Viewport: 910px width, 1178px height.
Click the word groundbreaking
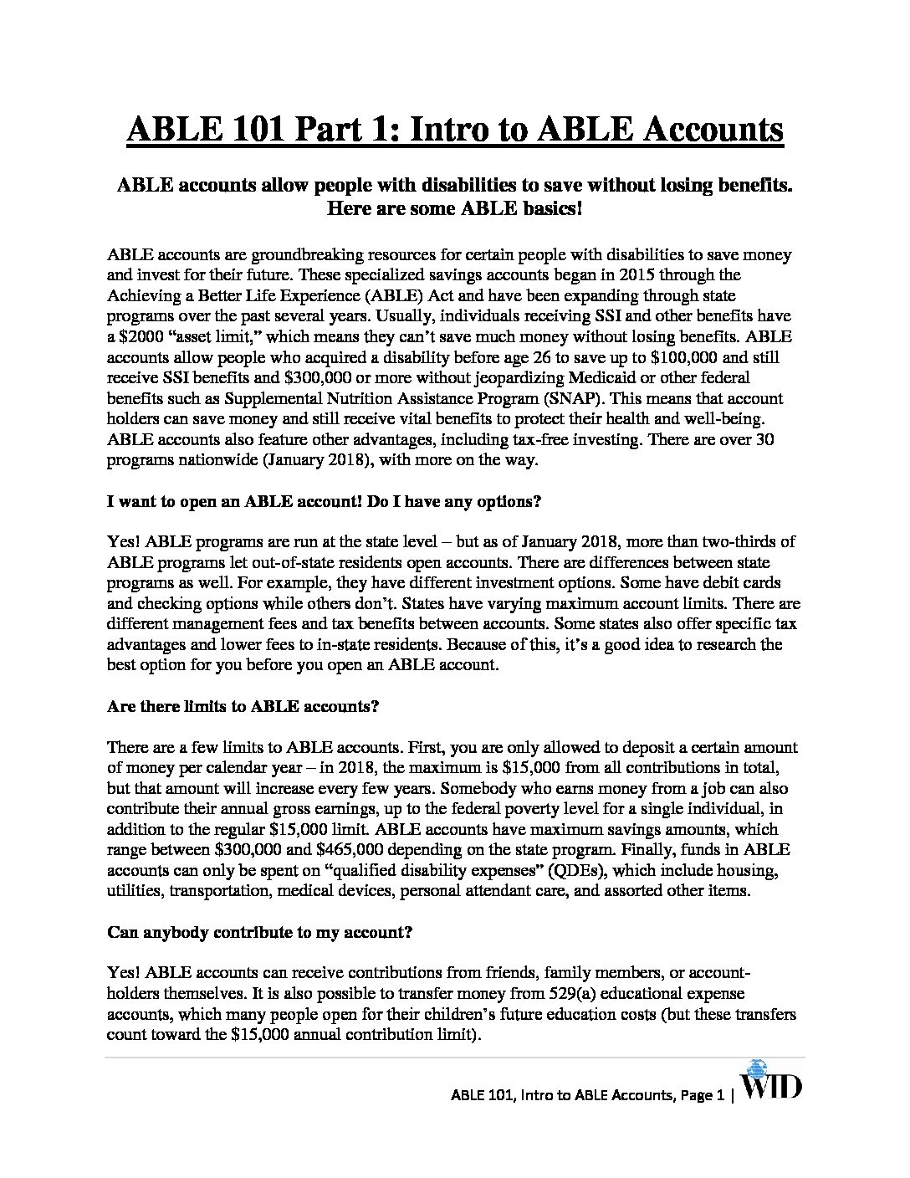click(x=299, y=254)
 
